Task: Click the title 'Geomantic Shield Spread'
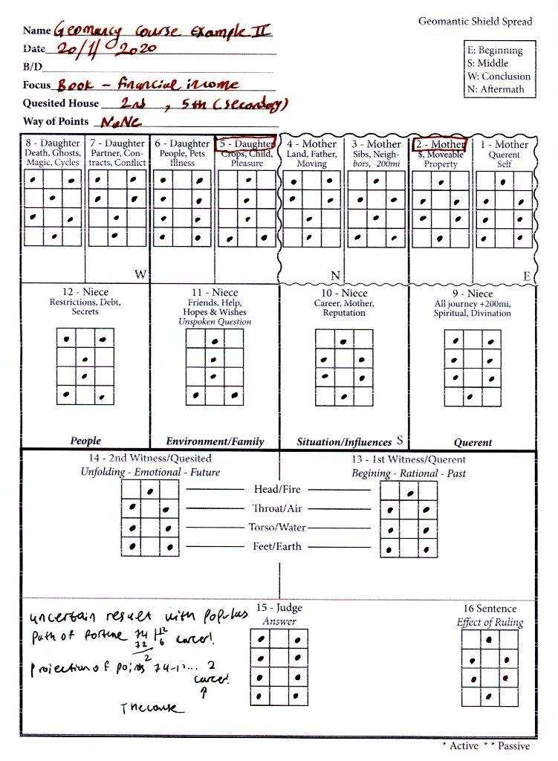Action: [x=475, y=22]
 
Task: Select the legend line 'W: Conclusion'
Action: [x=498, y=77]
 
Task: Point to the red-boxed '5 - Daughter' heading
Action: [x=246, y=143]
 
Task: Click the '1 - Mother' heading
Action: [x=505, y=144]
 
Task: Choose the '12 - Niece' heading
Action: [x=85, y=292]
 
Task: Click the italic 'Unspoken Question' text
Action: [x=215, y=322]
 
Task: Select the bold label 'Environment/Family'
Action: [x=215, y=441]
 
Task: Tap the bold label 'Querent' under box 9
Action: [x=473, y=442]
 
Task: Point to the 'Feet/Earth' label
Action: [x=276, y=547]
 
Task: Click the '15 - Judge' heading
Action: [x=279, y=609]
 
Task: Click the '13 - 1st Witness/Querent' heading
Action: [x=409, y=459]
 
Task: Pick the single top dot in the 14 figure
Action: [x=151, y=490]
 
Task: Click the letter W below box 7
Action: [x=140, y=274]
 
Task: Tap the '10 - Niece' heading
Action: [x=344, y=293]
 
